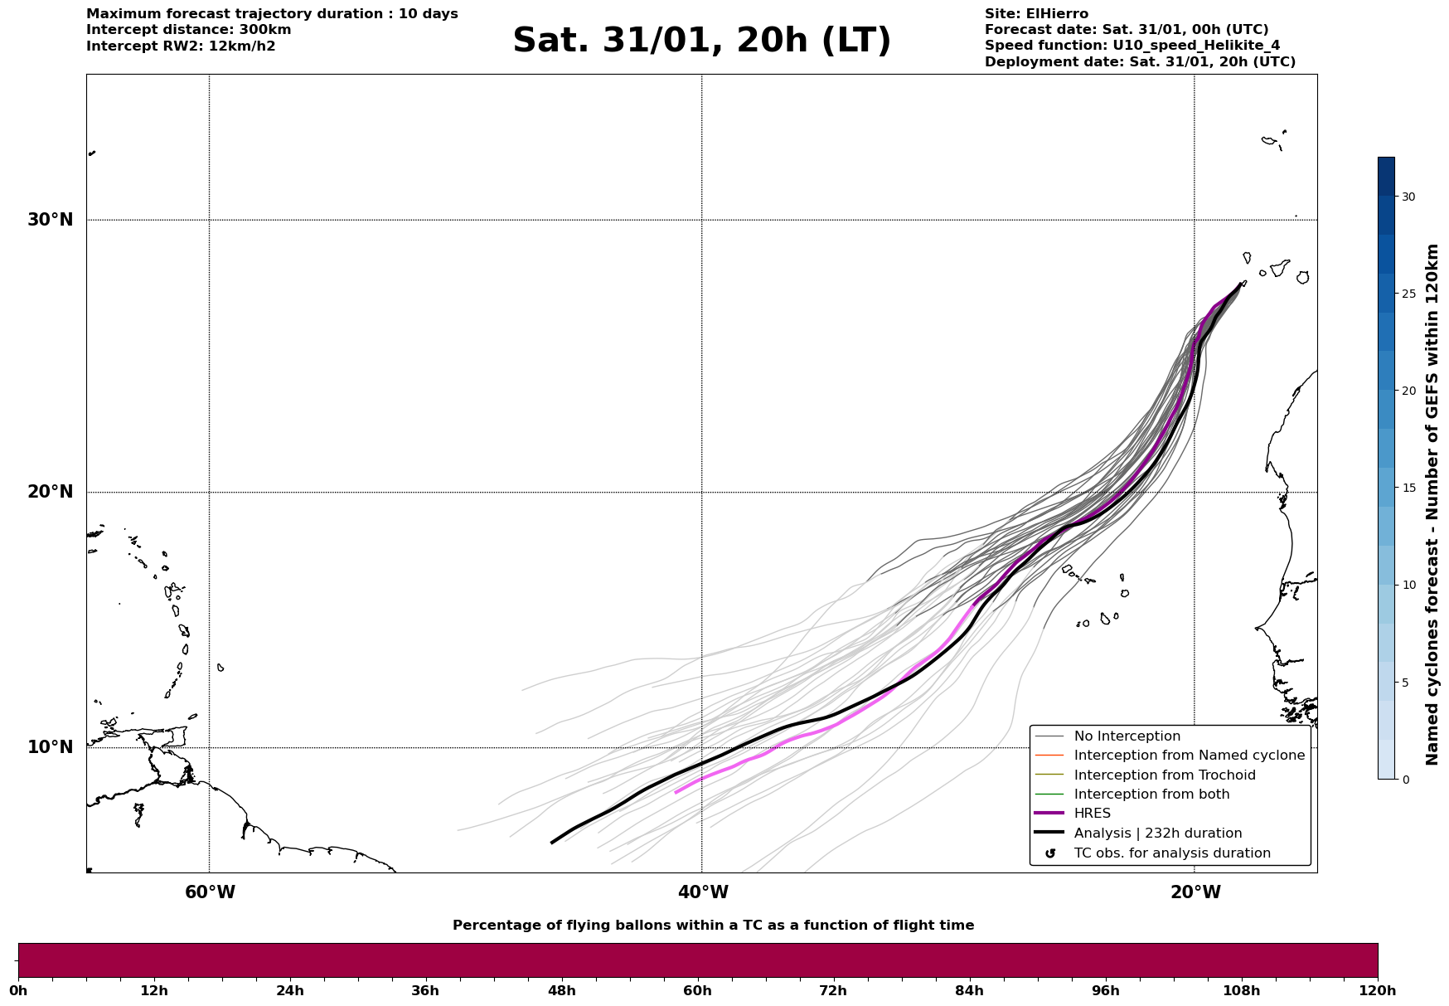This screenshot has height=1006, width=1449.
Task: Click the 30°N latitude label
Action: click(51, 220)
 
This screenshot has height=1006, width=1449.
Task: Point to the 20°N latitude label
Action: click(51, 492)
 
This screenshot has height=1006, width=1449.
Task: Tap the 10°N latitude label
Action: click(51, 747)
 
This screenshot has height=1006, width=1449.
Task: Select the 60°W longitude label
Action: click(210, 892)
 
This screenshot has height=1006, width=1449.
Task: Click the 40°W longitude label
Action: click(703, 892)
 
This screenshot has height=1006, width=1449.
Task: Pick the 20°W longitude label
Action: click(1195, 892)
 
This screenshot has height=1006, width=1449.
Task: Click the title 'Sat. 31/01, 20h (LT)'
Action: click(701, 41)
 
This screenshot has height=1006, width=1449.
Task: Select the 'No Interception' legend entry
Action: click(1127, 736)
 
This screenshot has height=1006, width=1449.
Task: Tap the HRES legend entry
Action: click(1092, 814)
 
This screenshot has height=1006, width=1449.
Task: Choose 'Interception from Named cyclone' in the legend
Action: click(1189, 756)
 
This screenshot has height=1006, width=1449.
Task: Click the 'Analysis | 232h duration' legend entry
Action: click(1157, 833)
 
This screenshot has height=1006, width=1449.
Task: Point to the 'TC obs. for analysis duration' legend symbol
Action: click(1050, 853)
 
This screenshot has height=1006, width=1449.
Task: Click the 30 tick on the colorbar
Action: click(1408, 197)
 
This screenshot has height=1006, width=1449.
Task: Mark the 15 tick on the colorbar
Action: click(1408, 488)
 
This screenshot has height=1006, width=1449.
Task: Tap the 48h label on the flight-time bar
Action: click(561, 990)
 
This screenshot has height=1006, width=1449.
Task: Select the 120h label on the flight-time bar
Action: click(1378, 990)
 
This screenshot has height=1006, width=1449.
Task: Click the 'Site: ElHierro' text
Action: click(1036, 14)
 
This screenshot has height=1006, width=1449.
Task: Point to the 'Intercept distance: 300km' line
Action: click(189, 30)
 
